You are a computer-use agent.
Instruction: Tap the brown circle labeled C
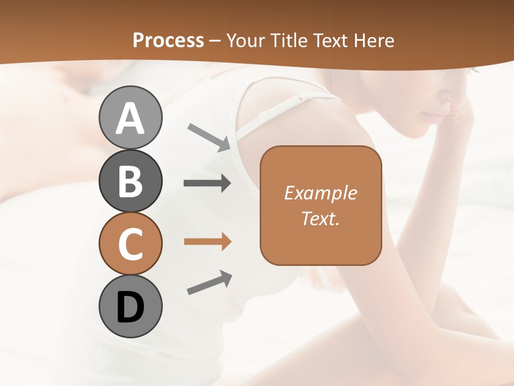130,243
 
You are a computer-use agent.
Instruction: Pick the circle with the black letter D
130,306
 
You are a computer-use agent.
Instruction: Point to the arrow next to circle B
207,183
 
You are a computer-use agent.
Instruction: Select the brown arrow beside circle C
207,242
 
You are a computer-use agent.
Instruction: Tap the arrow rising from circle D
209,283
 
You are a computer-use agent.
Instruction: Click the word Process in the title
168,40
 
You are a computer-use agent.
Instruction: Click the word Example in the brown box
320,193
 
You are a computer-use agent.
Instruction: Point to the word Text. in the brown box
320,218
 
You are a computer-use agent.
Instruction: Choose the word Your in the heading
245,40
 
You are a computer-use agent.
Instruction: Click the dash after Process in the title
215,41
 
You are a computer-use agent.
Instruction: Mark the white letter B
130,181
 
